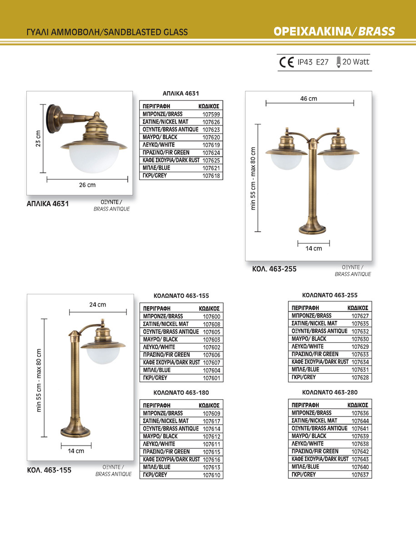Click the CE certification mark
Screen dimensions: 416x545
click(286, 62)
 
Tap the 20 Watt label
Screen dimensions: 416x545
click(356, 62)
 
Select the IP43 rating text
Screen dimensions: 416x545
click(305, 62)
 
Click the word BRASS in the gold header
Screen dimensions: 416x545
click(376, 31)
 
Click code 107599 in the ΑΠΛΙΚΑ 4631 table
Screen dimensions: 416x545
click(211, 114)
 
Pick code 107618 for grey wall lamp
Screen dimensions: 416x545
click(211, 176)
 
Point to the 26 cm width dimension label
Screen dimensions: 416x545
click(87, 185)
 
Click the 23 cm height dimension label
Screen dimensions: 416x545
click(38, 139)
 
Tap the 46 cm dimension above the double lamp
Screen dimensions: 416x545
click(309, 99)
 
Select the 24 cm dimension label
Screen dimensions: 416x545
click(98, 305)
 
